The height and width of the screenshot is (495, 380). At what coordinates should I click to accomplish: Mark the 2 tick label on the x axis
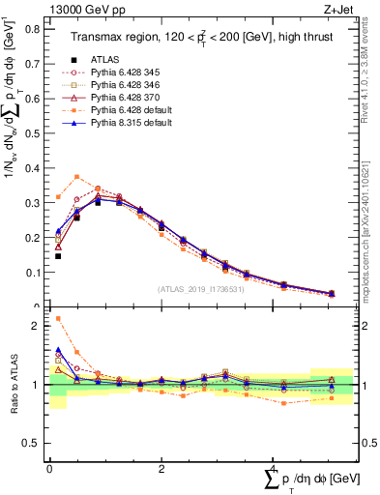(x=161, y=468)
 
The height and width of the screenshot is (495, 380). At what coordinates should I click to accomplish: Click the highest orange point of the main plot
(x=76, y=176)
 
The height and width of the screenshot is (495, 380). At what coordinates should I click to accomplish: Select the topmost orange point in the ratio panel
(x=58, y=318)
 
